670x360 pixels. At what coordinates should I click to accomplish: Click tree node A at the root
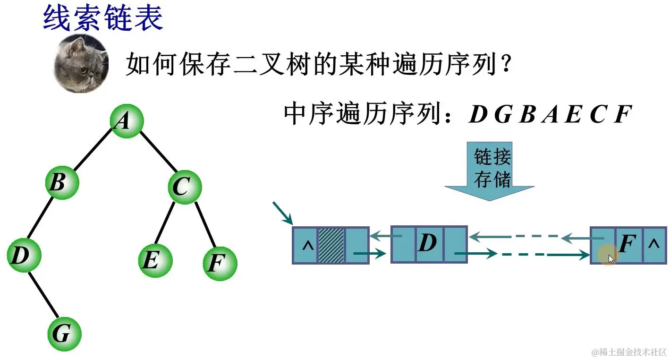pos(126,122)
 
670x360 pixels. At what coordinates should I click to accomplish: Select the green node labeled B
pos(62,182)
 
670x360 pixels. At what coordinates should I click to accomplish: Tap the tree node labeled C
pos(184,187)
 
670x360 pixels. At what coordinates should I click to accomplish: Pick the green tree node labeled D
pos(24,256)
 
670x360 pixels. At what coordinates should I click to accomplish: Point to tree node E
pos(155,260)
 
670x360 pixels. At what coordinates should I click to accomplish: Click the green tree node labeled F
pos(220,263)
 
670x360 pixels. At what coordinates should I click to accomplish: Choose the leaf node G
pos(64,334)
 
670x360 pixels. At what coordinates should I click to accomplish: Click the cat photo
pos(81,63)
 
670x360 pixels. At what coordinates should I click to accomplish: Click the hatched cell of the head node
pos(331,245)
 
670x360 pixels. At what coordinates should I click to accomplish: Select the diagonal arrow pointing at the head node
pos(282,213)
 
